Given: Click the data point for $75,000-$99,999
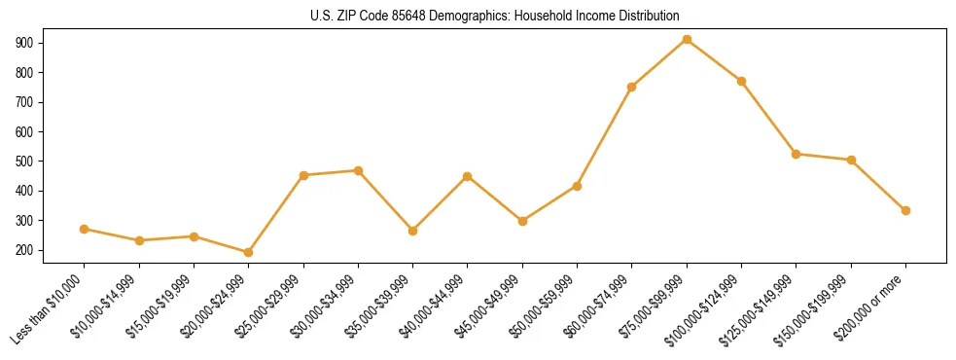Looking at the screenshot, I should (x=687, y=40).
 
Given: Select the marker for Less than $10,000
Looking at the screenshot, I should (x=84, y=230).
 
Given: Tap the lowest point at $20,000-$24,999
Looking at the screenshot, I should (x=248, y=253).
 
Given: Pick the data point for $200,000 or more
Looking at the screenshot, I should (x=905, y=210).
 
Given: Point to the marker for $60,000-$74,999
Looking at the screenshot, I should (x=632, y=87).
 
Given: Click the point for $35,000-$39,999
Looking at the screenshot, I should (x=412, y=232).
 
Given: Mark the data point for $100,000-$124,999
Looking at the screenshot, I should (x=741, y=81).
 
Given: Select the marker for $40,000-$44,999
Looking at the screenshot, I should (x=467, y=176).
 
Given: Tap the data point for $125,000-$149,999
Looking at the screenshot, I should (x=797, y=154).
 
